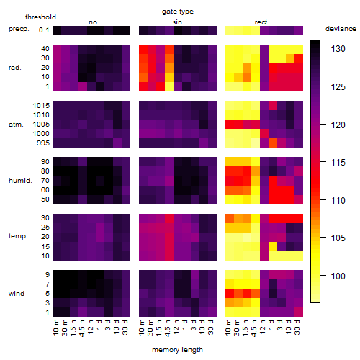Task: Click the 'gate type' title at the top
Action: (178, 12)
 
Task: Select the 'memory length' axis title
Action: (177, 350)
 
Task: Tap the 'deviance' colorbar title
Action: (341, 29)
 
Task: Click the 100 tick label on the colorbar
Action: (338, 276)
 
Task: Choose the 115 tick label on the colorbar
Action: (338, 163)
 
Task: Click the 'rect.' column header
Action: (262, 22)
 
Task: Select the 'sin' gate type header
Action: (177, 22)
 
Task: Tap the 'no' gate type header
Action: (93, 22)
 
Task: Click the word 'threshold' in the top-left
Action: (40, 17)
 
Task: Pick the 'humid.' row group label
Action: (20, 181)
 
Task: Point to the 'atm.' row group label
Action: (16, 125)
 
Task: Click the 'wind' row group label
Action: (17, 294)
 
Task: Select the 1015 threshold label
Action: (41, 106)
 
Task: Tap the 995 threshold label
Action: (43, 143)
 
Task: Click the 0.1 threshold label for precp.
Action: (44, 30)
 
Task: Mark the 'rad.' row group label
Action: (15, 68)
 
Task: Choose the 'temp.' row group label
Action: (18, 236)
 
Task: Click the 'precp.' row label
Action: (19, 29)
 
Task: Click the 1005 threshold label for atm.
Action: (41, 125)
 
